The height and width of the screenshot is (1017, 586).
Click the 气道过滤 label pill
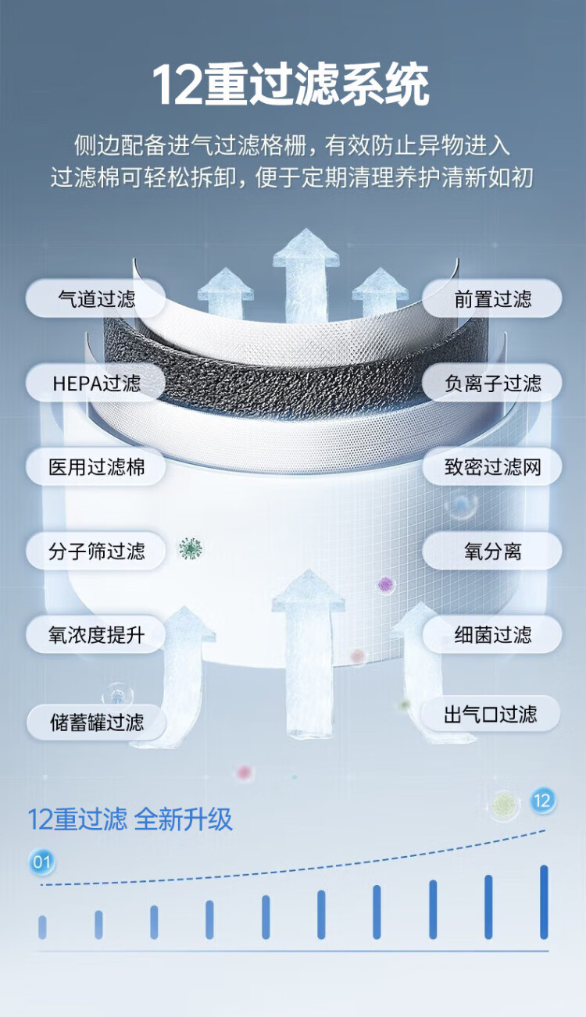(x=96, y=299)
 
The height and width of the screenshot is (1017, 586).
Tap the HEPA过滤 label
(x=96, y=384)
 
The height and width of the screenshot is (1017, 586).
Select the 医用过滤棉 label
(x=96, y=468)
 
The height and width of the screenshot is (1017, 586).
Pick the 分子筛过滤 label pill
(x=96, y=551)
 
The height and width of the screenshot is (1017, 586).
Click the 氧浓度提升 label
(x=96, y=634)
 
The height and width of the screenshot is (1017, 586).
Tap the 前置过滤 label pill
(x=492, y=299)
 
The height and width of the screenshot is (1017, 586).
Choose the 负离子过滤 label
(x=492, y=384)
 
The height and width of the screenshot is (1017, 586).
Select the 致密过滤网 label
(x=492, y=468)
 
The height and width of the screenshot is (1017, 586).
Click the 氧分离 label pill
(x=492, y=551)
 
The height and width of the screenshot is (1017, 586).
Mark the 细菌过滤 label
(x=492, y=634)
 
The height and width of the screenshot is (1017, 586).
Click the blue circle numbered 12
(x=542, y=800)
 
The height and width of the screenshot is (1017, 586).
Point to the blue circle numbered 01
(x=41, y=862)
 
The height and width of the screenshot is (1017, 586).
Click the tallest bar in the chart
(x=544, y=901)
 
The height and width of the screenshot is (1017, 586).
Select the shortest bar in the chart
(x=42, y=927)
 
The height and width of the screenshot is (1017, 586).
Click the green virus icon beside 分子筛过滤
(x=190, y=548)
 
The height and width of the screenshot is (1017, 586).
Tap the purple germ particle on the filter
(x=385, y=583)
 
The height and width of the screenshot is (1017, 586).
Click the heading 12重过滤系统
(x=291, y=85)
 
